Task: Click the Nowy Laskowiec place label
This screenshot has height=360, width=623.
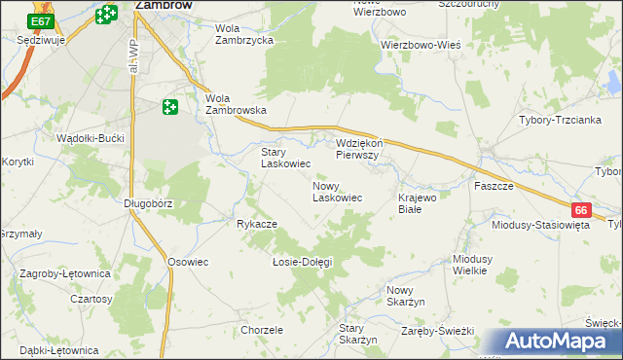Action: tap(337, 191)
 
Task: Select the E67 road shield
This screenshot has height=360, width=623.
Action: tap(40, 20)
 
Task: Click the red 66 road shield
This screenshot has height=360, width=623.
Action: tap(581, 209)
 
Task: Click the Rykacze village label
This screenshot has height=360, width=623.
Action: tap(257, 224)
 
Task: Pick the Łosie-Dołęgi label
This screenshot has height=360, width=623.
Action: tap(302, 262)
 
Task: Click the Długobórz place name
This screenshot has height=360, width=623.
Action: tap(148, 203)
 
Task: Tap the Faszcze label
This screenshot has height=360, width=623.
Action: tap(494, 185)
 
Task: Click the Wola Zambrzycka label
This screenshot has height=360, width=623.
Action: tap(246, 35)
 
